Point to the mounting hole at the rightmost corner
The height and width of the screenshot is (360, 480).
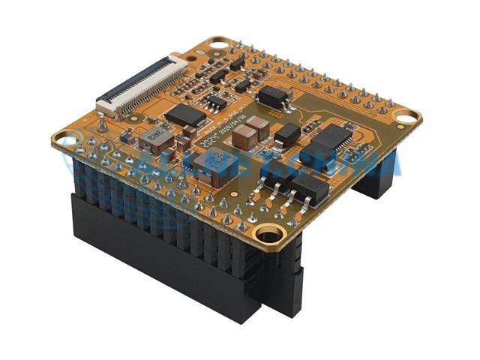[406, 118]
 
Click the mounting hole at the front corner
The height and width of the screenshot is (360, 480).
[269, 235]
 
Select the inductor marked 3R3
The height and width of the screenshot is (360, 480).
[155, 136]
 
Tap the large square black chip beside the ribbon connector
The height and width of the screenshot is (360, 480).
[184, 115]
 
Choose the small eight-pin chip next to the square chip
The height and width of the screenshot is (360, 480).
[216, 100]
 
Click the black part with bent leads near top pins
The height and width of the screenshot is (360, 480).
[274, 94]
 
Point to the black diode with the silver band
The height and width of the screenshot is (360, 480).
[287, 134]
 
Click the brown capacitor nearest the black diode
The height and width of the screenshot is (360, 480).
[259, 124]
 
